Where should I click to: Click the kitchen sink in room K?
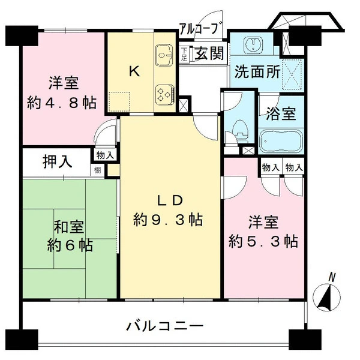click(164, 55)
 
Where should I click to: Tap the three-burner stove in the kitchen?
click(165, 94)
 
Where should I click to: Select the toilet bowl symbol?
click(241, 130)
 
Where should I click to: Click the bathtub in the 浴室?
click(281, 141)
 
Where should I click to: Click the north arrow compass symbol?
click(328, 294)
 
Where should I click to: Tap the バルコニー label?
click(165, 326)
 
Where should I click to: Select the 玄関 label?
click(209, 53)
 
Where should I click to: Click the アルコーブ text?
click(201, 28)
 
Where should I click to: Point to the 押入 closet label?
click(58, 161)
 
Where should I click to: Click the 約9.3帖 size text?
click(168, 220)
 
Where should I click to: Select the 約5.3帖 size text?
click(263, 241)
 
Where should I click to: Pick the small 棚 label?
click(97, 170)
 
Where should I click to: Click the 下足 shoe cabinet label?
click(184, 54)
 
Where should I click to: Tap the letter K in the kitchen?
click(134, 71)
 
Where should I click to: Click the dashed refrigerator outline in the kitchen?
click(119, 102)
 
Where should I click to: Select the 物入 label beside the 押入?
click(105, 155)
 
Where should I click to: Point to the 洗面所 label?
click(257, 71)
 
